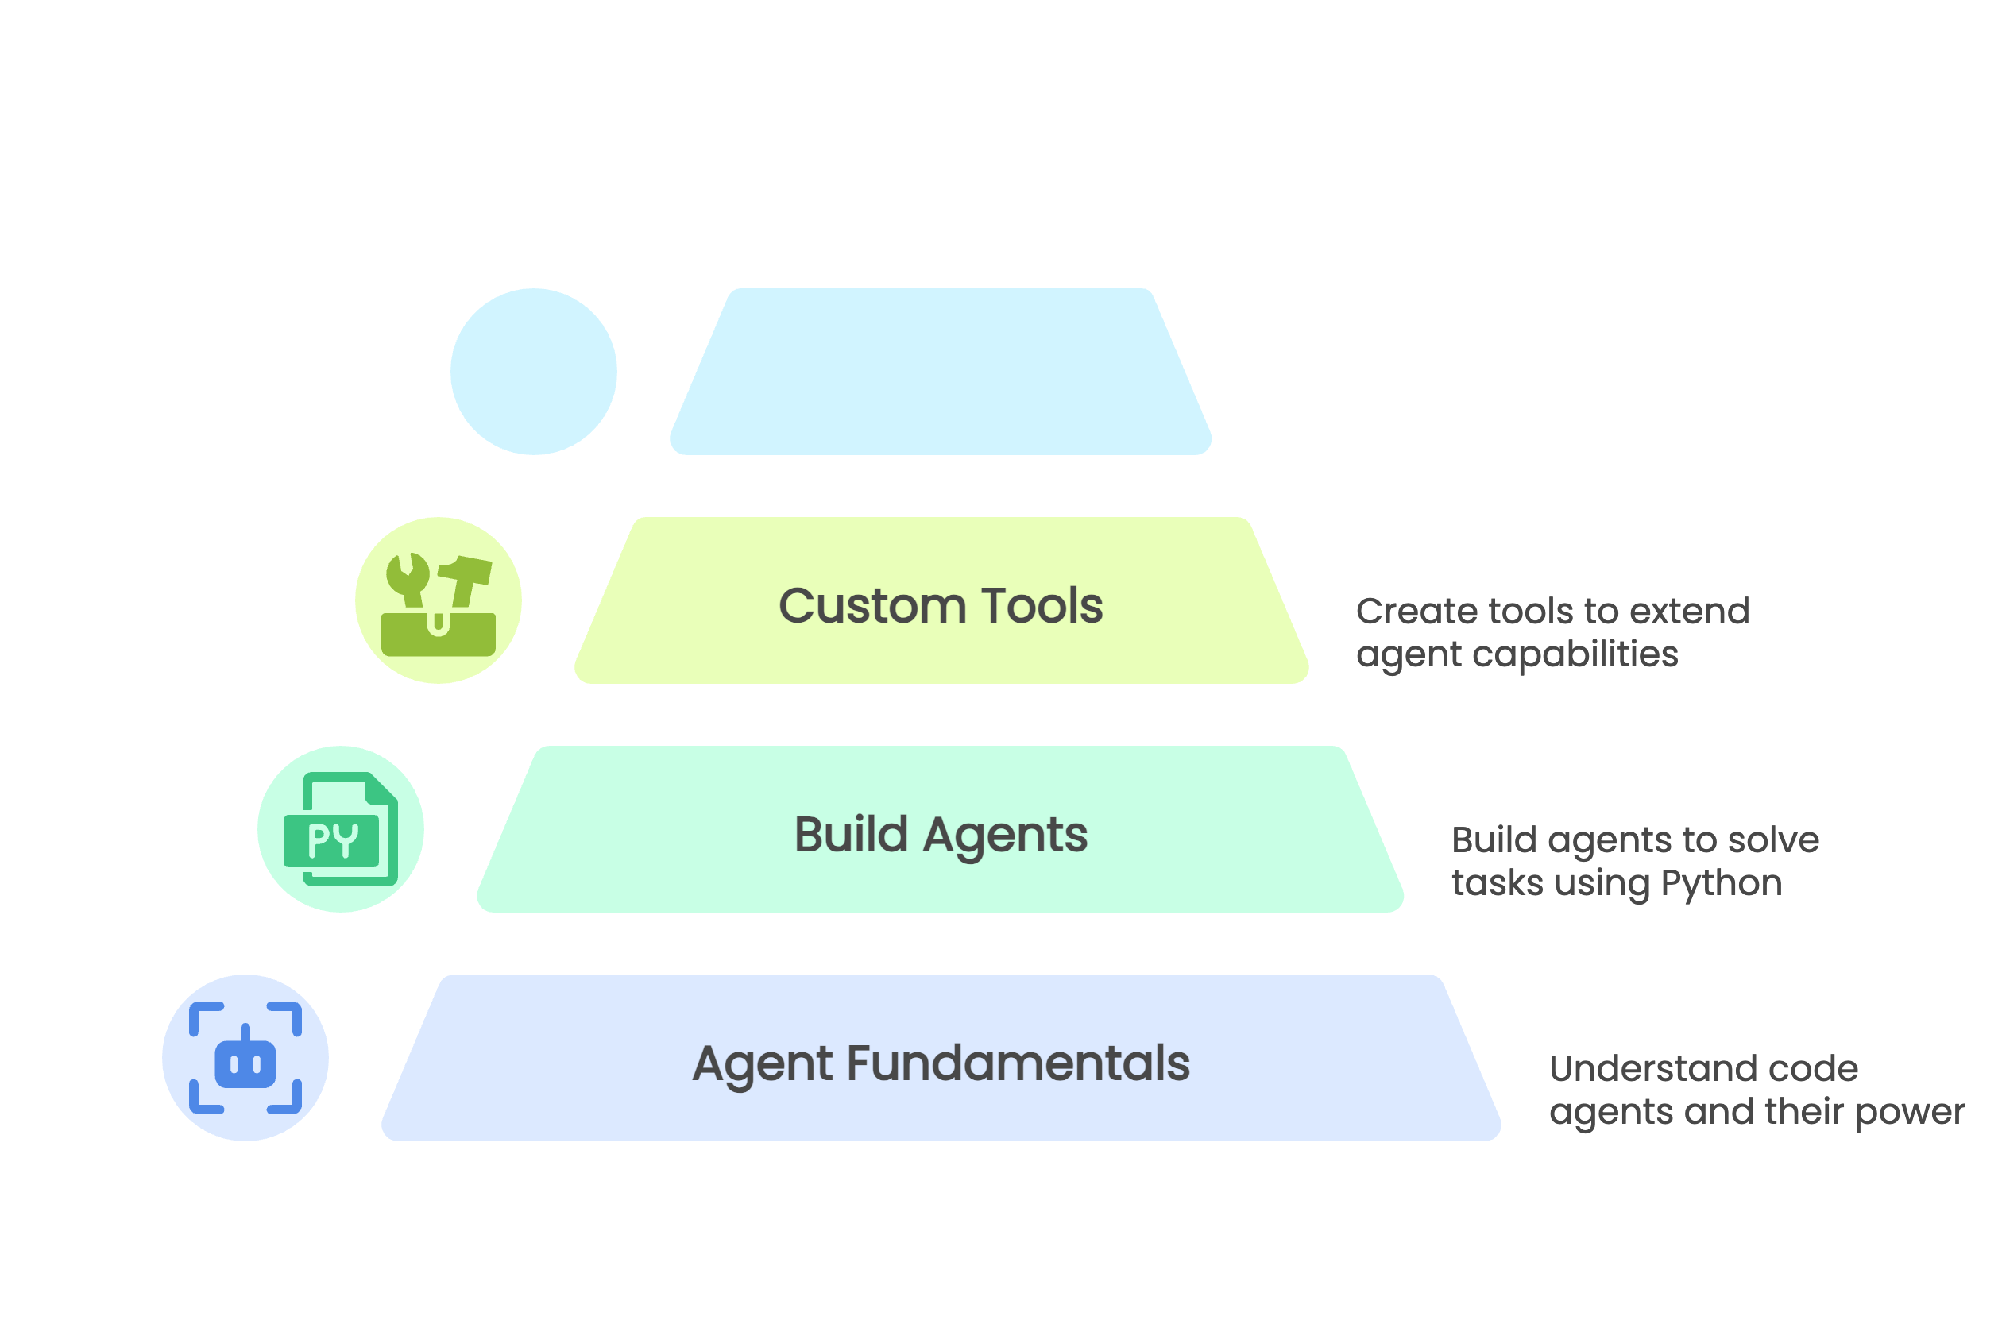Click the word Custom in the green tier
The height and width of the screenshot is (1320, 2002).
click(872, 606)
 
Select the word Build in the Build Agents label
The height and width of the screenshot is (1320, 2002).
click(851, 835)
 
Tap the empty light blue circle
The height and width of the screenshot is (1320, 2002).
click(534, 372)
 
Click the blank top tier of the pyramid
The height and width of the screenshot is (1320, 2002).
click(941, 372)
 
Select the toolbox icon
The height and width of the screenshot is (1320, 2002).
click(439, 604)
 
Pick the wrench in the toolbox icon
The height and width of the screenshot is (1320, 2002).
click(409, 579)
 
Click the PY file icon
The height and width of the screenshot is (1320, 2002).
click(341, 829)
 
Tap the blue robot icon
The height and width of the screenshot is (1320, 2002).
click(245, 1058)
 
